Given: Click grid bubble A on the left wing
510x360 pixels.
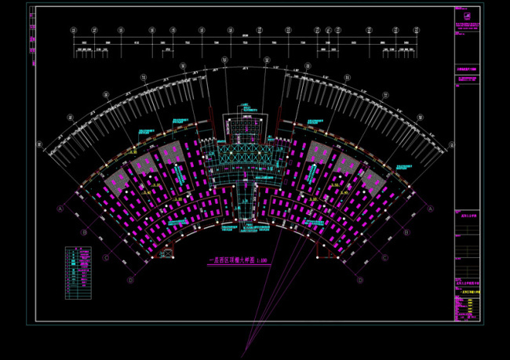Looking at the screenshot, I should pos(60,209).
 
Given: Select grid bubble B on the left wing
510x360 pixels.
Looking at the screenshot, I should pos(84,233).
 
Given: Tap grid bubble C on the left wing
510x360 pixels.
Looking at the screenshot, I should pos(106,256).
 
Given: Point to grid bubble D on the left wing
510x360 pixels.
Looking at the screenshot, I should pos(131,279).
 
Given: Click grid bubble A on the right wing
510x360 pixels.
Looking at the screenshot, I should pos(430,208).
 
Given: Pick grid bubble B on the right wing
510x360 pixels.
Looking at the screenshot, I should pos(406,233).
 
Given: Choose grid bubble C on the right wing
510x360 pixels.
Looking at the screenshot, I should pos(384,256).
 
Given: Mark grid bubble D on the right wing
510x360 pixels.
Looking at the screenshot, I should pos(359,279).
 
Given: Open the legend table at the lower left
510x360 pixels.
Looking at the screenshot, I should pos(78,271).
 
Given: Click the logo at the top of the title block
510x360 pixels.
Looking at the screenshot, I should pos(468,15).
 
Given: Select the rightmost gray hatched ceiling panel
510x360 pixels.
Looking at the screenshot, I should pos(375,178).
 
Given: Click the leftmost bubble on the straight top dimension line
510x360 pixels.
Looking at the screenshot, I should pos(74,31).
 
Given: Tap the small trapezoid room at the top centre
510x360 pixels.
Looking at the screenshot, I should pos(245,125).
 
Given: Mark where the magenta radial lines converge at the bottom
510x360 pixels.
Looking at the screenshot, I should pos(245,355).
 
